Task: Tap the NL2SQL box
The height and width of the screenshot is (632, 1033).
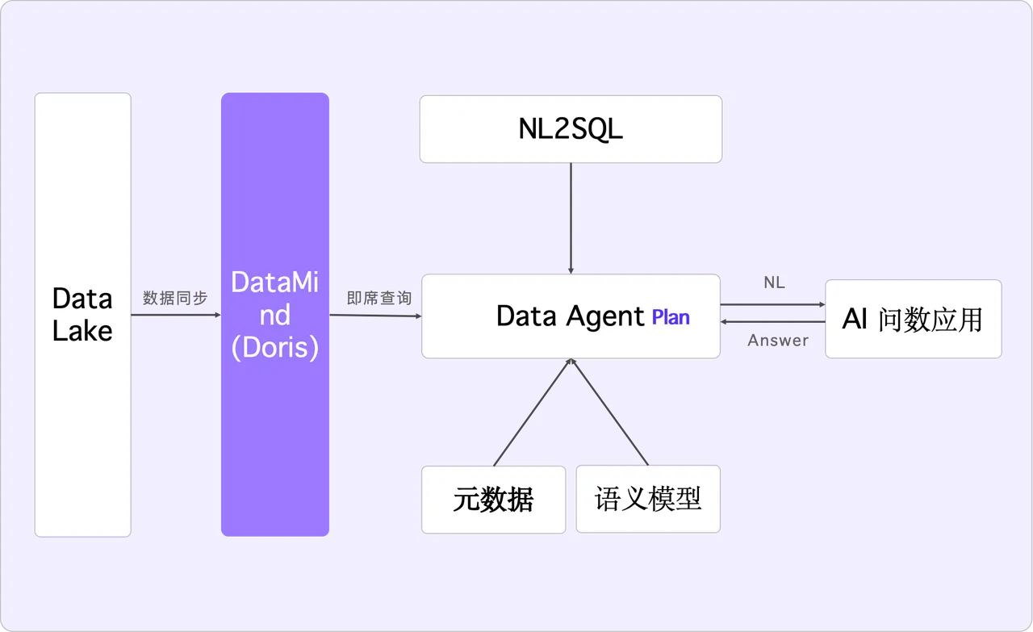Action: [571, 129]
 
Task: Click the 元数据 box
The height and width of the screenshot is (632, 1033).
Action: [493, 500]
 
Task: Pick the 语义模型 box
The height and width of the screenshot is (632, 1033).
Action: [648, 499]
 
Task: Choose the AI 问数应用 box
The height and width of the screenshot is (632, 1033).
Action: [913, 320]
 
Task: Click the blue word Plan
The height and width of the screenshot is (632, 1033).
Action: [671, 317]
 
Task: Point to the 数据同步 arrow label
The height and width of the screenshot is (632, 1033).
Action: [175, 298]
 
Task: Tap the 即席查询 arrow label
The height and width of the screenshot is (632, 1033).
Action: [379, 298]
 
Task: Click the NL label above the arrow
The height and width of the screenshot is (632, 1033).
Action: [774, 283]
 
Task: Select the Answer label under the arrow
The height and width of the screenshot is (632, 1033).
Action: [777, 341]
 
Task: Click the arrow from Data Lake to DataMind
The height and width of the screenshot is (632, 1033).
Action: [176, 315]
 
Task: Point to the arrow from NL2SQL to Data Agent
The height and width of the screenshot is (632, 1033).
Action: [571, 218]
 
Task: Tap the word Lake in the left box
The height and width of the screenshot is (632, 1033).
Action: [82, 331]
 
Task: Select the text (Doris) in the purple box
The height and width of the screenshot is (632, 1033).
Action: [275, 347]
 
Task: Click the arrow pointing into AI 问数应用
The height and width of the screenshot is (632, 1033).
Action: [772, 305]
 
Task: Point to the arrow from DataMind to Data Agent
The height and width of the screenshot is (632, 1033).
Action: [375, 315]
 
